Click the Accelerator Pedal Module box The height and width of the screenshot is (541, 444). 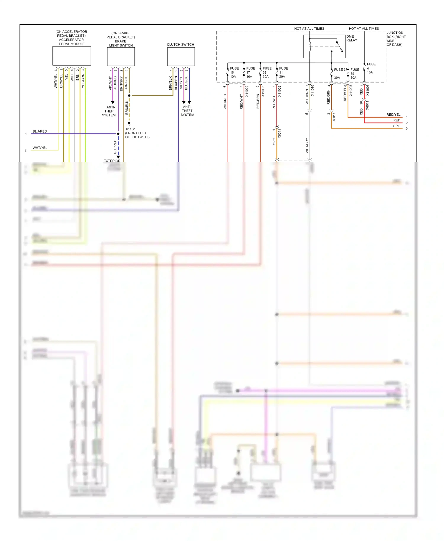pos(72,56)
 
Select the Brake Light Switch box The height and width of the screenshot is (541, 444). pos(121,57)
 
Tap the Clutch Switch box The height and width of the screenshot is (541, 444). pos(181,57)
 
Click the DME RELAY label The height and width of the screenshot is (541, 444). pos(352,38)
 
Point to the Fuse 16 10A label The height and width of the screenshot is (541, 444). pos(234,73)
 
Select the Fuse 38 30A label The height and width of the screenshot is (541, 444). pos(267,73)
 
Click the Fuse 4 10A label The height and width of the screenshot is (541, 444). pos(371,68)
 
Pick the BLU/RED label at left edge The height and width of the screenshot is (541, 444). pos(40,131)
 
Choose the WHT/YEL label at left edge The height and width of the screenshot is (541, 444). pos(40,148)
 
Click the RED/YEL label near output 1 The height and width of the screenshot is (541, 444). pos(393,115)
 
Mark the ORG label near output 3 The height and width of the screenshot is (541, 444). pos(396,126)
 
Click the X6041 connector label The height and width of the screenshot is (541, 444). pos(279,134)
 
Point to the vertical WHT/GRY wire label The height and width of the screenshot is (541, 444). pos(307,146)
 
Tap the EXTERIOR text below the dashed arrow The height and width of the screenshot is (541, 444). pos(112,161)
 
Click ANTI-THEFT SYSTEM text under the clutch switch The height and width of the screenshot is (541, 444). pos(187,111)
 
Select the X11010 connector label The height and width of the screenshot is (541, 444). pos(312,90)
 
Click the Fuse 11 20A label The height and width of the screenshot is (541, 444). pos(283,73)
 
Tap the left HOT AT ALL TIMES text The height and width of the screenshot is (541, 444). pos(309,29)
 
